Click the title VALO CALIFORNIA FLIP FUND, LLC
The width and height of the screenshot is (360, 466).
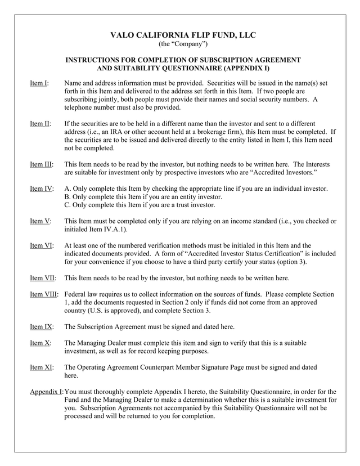183,35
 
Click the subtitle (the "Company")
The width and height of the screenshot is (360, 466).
183,44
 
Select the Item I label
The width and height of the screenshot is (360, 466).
39,83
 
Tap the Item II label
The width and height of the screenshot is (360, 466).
40,123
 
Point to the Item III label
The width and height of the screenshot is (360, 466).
41,164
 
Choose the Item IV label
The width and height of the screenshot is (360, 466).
41,189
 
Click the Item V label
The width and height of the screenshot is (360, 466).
39,221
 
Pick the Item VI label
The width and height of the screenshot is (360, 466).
41,245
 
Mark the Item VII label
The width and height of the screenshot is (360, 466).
42,278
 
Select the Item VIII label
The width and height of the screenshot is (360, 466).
43,294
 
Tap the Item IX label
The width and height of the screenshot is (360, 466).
40,326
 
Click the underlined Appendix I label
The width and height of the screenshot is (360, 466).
47,392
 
